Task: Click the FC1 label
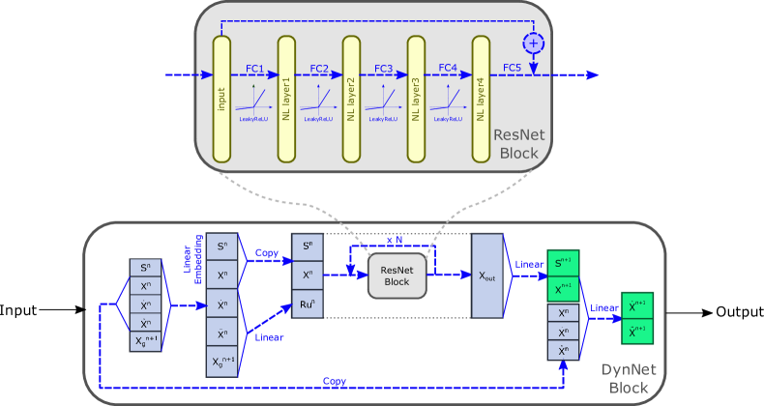(x=254, y=69)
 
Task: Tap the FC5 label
(x=512, y=69)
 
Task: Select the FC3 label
(x=383, y=69)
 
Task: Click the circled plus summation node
(x=533, y=43)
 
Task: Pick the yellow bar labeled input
(x=221, y=100)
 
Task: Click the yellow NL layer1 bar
(x=286, y=100)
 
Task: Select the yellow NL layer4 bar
(x=481, y=100)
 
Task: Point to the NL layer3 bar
(x=416, y=100)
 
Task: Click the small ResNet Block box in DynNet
(x=397, y=275)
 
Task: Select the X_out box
(x=487, y=275)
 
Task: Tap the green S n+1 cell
(x=563, y=263)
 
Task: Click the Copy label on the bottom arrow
(x=335, y=381)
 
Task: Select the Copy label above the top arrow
(x=267, y=253)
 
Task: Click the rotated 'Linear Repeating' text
(x=192, y=264)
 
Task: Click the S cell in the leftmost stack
(x=145, y=268)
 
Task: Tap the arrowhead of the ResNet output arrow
(x=592, y=75)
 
